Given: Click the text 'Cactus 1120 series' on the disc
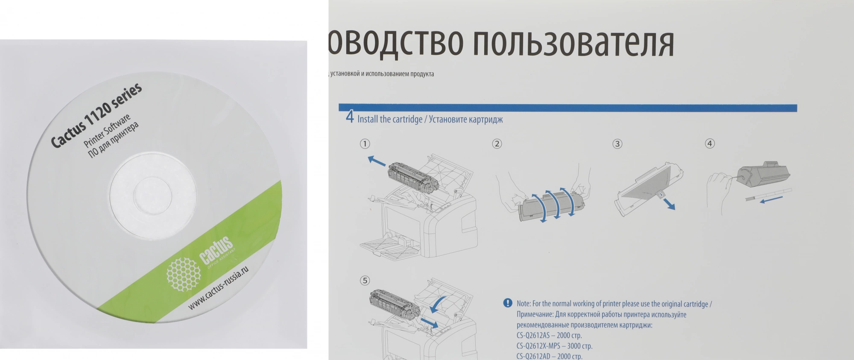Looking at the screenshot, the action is click(x=97, y=115).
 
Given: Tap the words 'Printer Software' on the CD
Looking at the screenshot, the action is click(x=107, y=131).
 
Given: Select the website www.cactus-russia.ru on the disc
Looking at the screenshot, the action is click(x=218, y=288).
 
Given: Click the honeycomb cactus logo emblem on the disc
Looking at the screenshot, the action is click(x=183, y=274).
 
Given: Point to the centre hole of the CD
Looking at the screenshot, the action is click(x=152, y=194).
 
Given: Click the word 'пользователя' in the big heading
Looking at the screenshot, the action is click(x=574, y=43).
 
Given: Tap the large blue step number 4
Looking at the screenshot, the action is click(x=350, y=117).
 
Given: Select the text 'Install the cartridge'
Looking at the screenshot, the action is click(x=390, y=119).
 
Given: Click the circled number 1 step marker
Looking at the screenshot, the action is click(x=365, y=144).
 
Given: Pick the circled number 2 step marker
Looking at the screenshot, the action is click(x=497, y=144).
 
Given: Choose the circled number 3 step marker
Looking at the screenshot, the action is click(x=617, y=144).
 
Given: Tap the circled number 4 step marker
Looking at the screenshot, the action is click(x=710, y=144).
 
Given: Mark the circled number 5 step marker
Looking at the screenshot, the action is click(x=365, y=281).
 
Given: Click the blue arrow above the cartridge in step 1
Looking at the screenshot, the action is click(x=377, y=161).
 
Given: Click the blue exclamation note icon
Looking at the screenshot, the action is click(x=508, y=303).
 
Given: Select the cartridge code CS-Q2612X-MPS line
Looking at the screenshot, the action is click(x=554, y=346).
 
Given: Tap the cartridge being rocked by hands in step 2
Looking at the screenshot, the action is click(x=551, y=206).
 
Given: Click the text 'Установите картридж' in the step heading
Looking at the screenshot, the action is click(x=466, y=120).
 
